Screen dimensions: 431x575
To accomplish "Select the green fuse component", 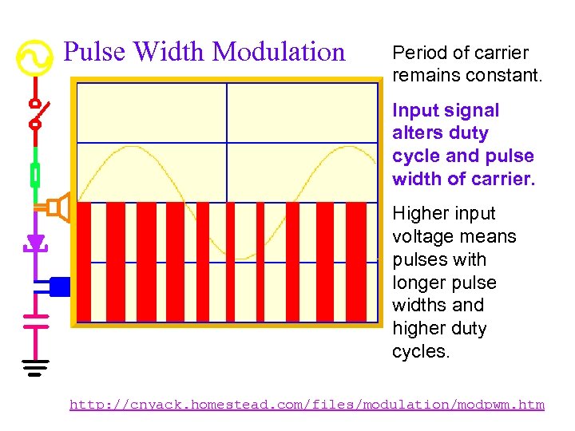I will click(35, 174).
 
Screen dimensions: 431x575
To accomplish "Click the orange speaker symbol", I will click(57, 208).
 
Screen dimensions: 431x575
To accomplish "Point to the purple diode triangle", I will click(35, 242).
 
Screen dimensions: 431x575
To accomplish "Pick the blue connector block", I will click(60, 286).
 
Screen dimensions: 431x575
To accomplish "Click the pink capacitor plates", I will click(35, 320).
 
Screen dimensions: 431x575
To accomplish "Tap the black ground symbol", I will click(35, 368).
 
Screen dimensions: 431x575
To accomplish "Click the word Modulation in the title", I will click(280, 52).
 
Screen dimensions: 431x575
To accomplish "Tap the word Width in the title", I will click(170, 52).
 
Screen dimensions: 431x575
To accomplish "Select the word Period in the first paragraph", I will click(415, 53).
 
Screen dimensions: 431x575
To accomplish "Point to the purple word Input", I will click(413, 111).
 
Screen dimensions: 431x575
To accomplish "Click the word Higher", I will click(418, 214).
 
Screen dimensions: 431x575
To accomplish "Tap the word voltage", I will click(421, 237).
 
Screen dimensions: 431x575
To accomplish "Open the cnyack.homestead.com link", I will click(307, 405).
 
